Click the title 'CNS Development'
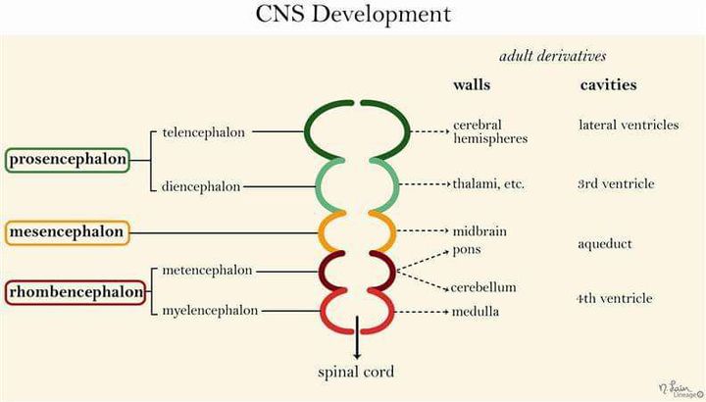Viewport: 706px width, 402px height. pyautogui.click(x=353, y=15)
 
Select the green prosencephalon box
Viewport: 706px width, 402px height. pyautogui.click(x=68, y=159)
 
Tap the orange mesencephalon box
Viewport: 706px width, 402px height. pyautogui.click(x=68, y=232)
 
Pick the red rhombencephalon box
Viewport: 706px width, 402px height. pyautogui.click(x=76, y=291)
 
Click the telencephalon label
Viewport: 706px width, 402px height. pyautogui.click(x=204, y=131)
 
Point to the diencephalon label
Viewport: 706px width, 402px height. pyautogui.click(x=201, y=186)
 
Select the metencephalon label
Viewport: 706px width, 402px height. pyautogui.click(x=207, y=270)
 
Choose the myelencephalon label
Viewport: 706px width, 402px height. pyautogui.click(x=210, y=310)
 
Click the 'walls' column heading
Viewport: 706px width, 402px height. pyautogui.click(x=471, y=85)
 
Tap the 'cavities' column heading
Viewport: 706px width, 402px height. pyautogui.click(x=608, y=85)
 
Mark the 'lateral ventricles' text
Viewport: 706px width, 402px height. pyautogui.click(x=629, y=125)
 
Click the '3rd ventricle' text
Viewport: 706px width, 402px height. pyautogui.click(x=616, y=183)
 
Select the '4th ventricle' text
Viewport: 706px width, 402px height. pyautogui.click(x=614, y=298)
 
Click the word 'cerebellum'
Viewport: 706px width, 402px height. pyautogui.click(x=483, y=287)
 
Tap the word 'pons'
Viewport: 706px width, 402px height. pyautogui.click(x=466, y=249)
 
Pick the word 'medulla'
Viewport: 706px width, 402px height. pyautogui.click(x=476, y=312)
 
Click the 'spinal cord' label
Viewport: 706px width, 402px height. pyautogui.click(x=357, y=372)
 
